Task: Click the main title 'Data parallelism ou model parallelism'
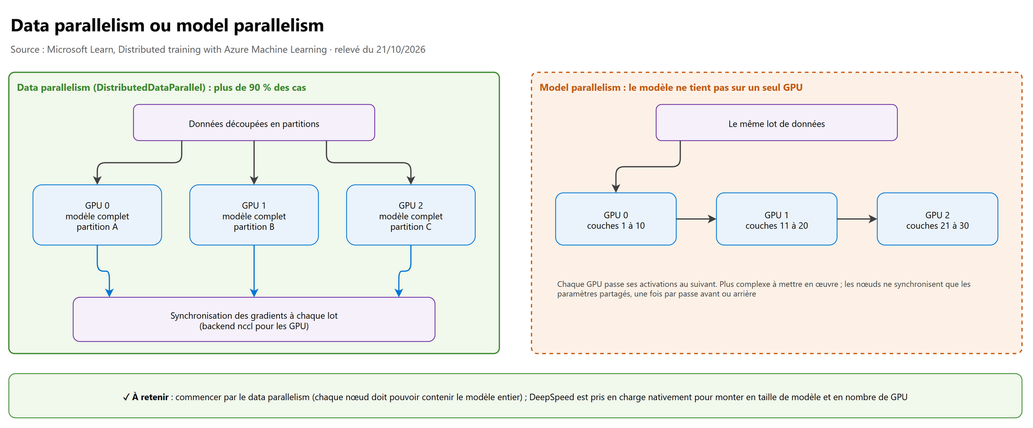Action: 167,25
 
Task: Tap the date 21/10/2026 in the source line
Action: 401,49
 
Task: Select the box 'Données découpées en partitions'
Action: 254,123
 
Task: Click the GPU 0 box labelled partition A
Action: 97,215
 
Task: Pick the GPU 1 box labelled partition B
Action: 254,215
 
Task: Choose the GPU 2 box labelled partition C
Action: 411,215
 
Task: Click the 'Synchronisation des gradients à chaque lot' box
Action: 254,320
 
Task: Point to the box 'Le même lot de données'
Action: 777,123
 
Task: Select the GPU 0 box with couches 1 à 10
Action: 616,219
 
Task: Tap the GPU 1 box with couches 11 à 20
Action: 777,219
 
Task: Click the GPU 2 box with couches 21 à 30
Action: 938,219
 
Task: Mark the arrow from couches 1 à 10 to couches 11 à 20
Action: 696,219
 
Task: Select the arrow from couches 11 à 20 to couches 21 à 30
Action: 857,219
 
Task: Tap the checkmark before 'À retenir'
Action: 126,397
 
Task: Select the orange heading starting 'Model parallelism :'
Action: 671,87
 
